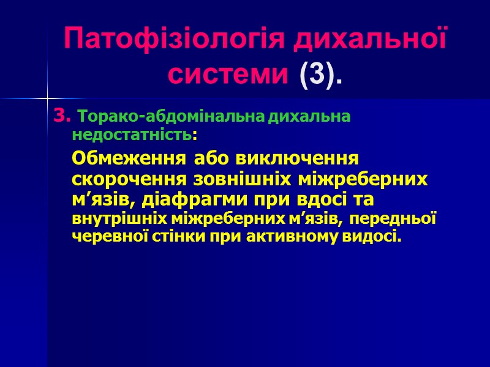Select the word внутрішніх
tap(112, 219)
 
